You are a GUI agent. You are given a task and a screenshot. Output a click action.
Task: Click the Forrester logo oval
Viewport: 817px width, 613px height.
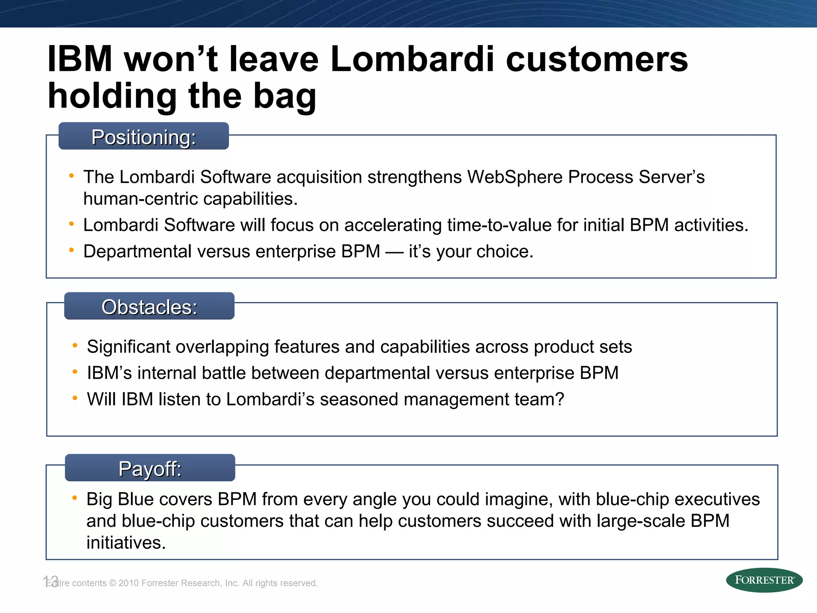coord(764,580)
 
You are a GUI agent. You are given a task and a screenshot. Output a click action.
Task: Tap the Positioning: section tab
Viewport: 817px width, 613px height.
coord(144,136)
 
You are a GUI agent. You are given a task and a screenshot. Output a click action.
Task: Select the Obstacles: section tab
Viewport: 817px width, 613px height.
coord(149,306)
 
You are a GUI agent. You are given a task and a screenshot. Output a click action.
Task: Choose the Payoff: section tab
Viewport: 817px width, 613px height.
coord(150,468)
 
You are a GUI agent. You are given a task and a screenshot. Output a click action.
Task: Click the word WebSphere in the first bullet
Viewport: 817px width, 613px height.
coord(515,177)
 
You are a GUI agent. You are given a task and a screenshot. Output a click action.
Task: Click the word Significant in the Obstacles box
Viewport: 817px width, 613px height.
coord(128,346)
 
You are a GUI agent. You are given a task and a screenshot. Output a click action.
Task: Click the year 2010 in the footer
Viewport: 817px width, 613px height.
coord(128,583)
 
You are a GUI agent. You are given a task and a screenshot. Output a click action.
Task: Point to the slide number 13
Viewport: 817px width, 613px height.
coord(51,581)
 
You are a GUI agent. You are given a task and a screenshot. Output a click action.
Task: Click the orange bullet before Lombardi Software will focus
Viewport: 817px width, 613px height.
coord(71,224)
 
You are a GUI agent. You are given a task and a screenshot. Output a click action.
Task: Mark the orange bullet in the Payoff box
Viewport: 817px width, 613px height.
coord(75,498)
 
